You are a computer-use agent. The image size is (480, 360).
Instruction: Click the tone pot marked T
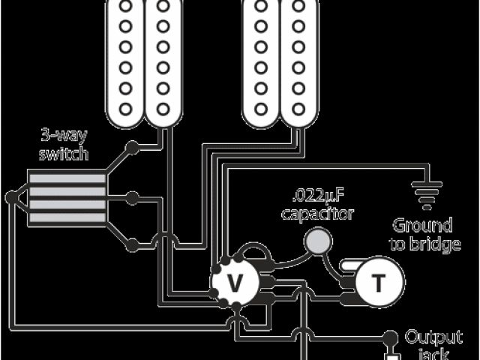[x=377, y=283]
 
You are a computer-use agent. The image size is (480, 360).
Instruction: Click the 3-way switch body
[x=66, y=197]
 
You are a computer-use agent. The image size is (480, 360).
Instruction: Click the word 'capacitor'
[x=318, y=214]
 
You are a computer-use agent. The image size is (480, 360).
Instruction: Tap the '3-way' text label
[x=64, y=137]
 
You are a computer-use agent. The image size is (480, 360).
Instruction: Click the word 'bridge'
[x=433, y=244]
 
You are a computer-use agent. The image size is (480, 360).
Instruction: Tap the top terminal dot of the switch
[x=132, y=148]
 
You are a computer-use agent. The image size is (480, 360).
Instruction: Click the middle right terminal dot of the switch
[x=132, y=198]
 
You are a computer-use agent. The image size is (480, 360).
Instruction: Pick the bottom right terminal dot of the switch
[x=132, y=244]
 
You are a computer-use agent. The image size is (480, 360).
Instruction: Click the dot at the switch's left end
[x=10, y=198]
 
